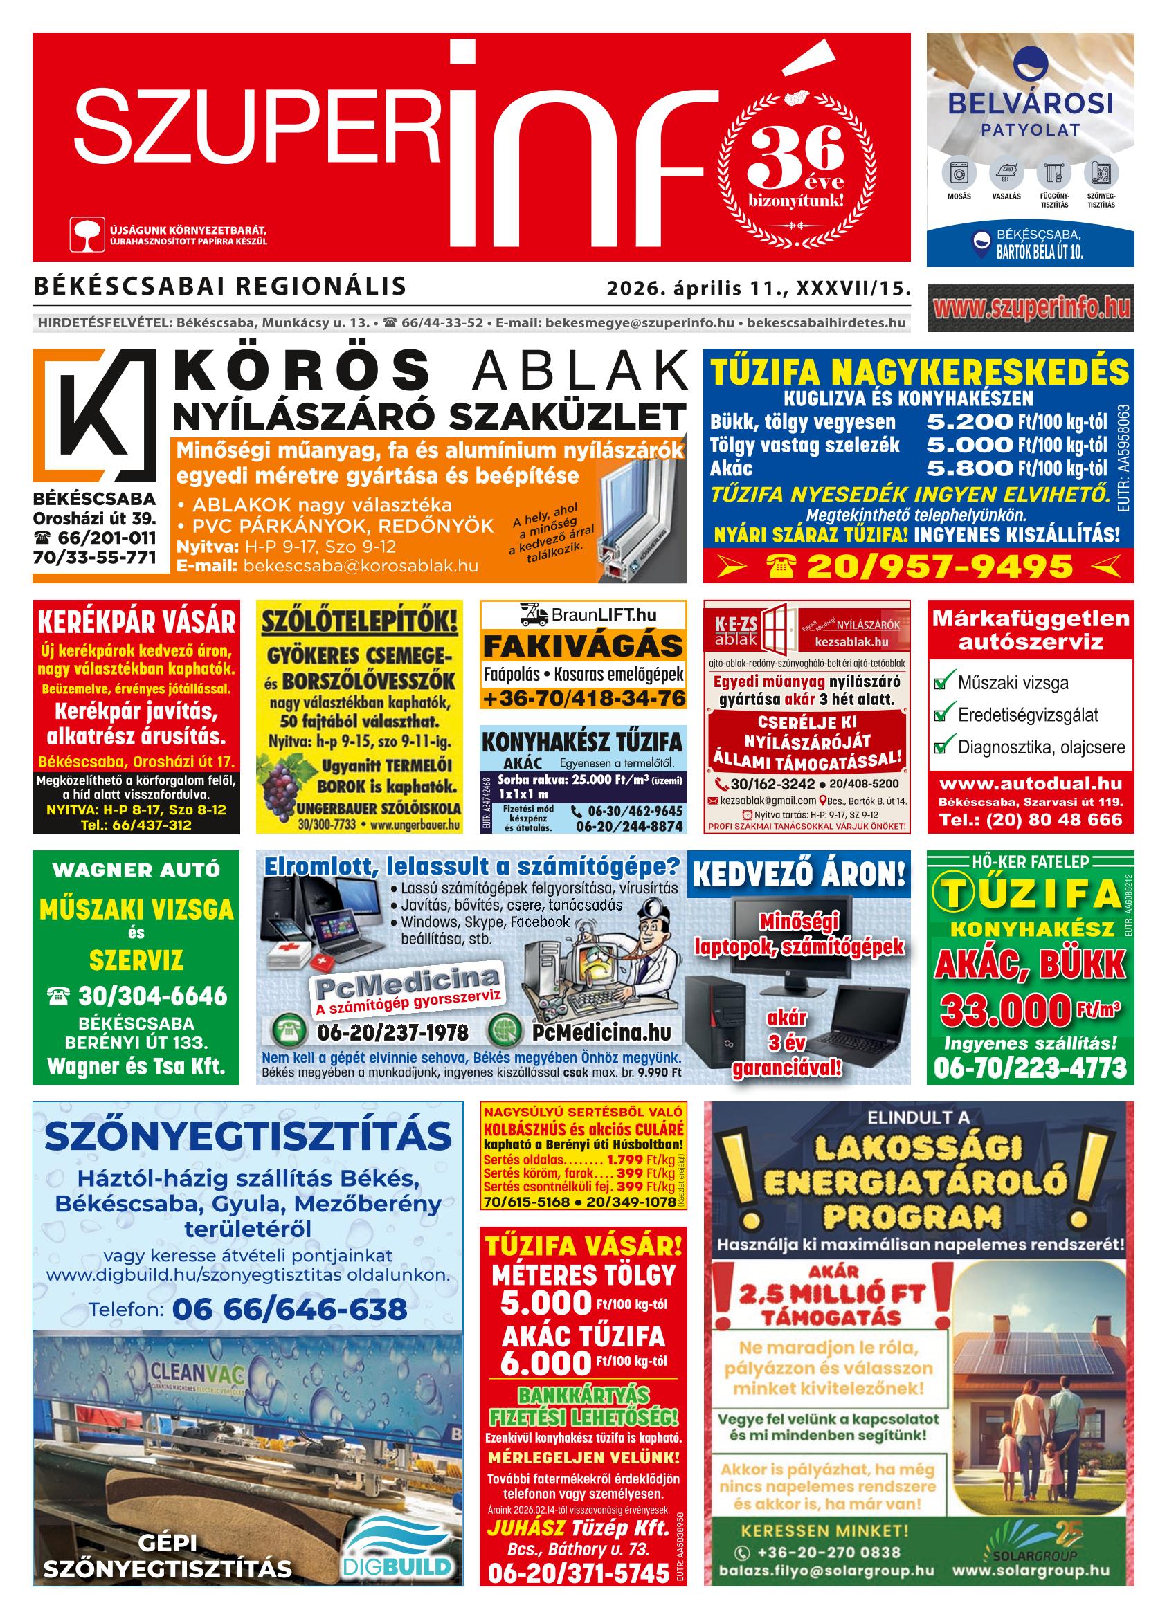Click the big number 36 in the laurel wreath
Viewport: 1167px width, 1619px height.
[795, 152]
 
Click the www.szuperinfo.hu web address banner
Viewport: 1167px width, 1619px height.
[1030, 308]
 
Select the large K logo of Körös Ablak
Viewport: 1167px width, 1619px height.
[93, 415]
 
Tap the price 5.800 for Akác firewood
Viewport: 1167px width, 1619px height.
[969, 468]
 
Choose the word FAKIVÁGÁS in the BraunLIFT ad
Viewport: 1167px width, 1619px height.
[583, 646]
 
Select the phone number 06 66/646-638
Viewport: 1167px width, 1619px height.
[289, 1308]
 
